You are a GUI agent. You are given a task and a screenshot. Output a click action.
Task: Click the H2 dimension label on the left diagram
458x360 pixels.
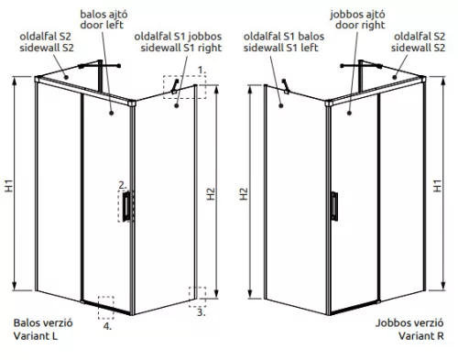point(211,194)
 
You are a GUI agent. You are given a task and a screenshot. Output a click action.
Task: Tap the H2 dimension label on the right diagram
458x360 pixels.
point(244,194)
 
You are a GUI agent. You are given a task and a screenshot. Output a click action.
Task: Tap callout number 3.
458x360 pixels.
point(201,311)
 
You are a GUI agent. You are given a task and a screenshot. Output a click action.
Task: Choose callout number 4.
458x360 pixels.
point(107,325)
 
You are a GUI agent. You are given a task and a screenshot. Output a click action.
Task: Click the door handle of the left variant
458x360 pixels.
point(127,206)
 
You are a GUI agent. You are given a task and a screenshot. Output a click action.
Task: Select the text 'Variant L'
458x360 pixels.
point(38,336)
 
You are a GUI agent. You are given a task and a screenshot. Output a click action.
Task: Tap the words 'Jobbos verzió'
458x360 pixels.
point(411,323)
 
